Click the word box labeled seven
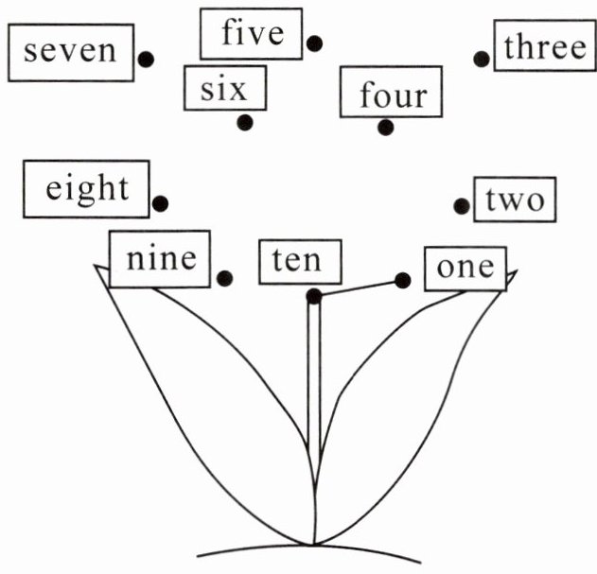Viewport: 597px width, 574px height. (x=70, y=51)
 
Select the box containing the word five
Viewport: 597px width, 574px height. (x=252, y=33)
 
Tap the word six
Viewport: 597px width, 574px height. (x=224, y=90)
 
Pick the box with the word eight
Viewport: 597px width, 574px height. (x=86, y=187)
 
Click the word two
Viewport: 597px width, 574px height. (x=514, y=200)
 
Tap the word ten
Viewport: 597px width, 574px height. (x=297, y=261)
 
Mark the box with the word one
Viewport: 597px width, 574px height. (x=465, y=268)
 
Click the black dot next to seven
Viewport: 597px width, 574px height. (x=147, y=59)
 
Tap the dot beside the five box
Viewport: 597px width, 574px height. (x=314, y=43)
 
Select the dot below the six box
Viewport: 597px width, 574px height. (x=245, y=122)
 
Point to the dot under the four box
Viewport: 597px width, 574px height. (x=384, y=127)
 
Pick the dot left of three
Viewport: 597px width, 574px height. (x=482, y=59)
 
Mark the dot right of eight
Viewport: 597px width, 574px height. (x=161, y=202)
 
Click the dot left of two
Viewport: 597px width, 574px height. (x=462, y=206)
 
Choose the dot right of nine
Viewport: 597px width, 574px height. (x=225, y=278)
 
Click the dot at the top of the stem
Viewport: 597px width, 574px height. (x=314, y=296)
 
